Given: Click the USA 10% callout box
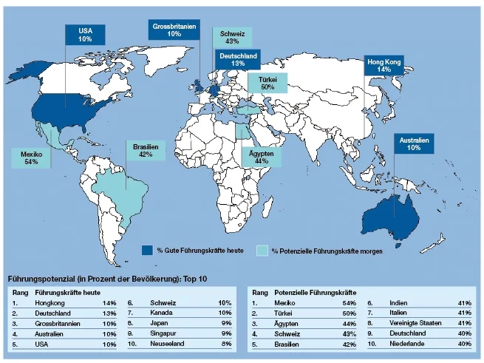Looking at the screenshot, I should point(86,35).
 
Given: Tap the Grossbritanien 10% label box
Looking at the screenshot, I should point(174,30).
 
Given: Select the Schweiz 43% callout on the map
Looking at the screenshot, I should point(231,38).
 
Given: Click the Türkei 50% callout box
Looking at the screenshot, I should point(267,83).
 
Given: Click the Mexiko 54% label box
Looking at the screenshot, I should point(31,157).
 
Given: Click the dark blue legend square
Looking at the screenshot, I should point(149,250).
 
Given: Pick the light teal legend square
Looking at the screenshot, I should point(262,250).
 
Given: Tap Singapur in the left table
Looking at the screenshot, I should point(165,334).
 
